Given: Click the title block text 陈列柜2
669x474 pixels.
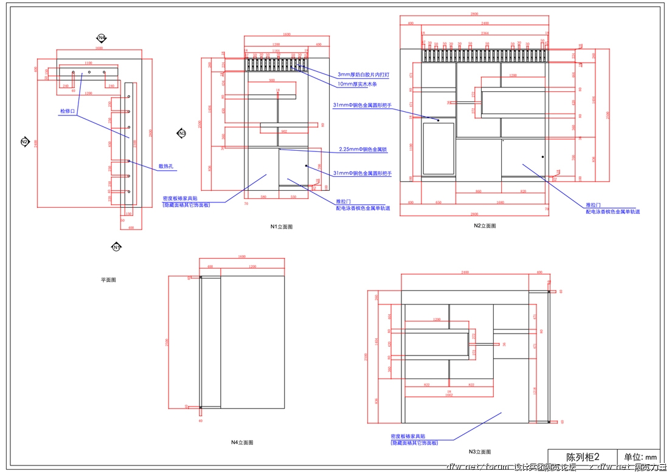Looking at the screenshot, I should (583, 457).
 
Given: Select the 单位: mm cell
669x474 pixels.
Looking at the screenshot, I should (639, 457).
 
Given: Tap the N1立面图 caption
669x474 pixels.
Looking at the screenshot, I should (282, 227).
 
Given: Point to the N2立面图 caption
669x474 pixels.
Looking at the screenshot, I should (485, 225).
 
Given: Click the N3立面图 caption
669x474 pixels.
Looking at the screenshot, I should (479, 452).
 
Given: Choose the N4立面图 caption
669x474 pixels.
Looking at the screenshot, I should (241, 442).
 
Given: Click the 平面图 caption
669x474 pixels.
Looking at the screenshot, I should (108, 280).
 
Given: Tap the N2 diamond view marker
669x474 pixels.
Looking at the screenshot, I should (25, 142).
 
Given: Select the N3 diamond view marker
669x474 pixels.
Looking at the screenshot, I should (181, 133).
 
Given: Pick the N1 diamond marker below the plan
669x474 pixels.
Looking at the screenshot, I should (116, 247).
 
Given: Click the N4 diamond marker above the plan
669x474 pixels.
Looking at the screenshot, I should (102, 38).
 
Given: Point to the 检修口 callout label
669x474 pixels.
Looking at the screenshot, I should (67, 111).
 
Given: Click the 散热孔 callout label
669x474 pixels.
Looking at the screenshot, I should (165, 165).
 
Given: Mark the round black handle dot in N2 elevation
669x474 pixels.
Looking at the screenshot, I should (542, 157).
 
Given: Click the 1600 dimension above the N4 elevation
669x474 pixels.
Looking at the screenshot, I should (241, 257).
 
